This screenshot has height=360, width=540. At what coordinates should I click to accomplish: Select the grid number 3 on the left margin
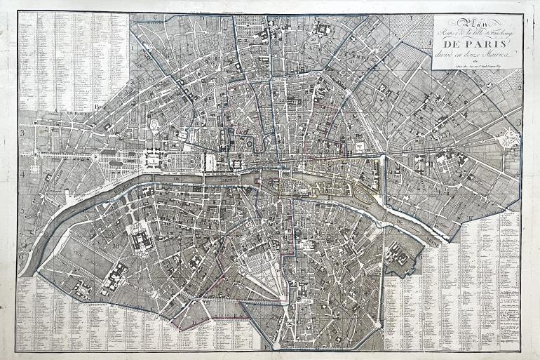22,131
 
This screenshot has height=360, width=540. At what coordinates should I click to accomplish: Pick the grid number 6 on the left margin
22,257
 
